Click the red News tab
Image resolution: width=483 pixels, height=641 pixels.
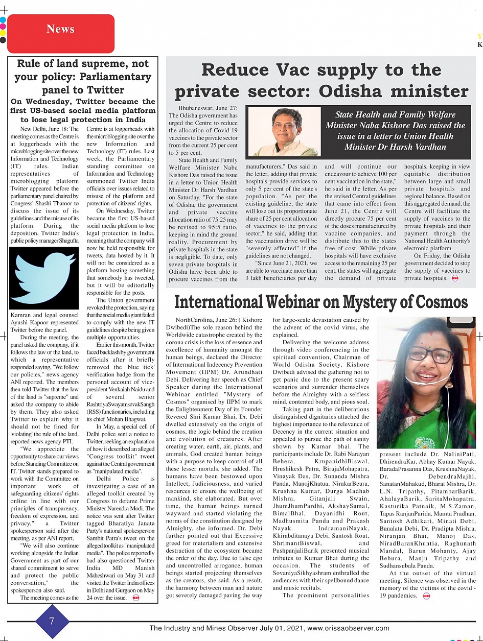pyautogui.click(x=60, y=29)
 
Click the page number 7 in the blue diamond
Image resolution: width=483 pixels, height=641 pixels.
pyautogui.click(x=51, y=621)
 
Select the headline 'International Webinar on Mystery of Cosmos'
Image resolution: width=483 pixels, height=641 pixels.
pyautogui.click(x=321, y=302)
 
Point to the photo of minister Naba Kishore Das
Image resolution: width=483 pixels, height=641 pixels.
pyautogui.click(x=283, y=131)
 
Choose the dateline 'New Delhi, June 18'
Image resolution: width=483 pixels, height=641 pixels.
pyautogui.click(x=50, y=129)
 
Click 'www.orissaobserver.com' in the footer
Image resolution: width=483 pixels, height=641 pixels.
pyautogui.click(x=348, y=629)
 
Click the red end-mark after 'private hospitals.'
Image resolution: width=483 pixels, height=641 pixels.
pyautogui.click(x=455, y=278)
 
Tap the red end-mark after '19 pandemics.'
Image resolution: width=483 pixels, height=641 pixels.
pyautogui.click(x=427, y=596)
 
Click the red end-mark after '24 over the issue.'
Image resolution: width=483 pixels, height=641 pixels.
pyautogui.click(x=135, y=598)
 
